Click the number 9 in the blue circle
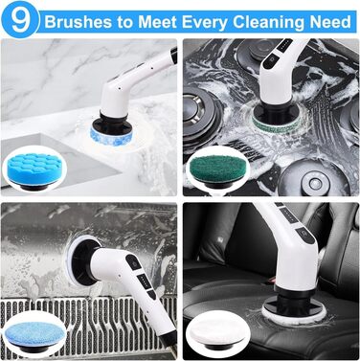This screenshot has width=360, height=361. [21, 21]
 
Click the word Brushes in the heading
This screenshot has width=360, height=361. [79, 22]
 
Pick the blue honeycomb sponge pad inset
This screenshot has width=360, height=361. [34, 169]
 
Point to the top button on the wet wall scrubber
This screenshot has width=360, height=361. [133, 262]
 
